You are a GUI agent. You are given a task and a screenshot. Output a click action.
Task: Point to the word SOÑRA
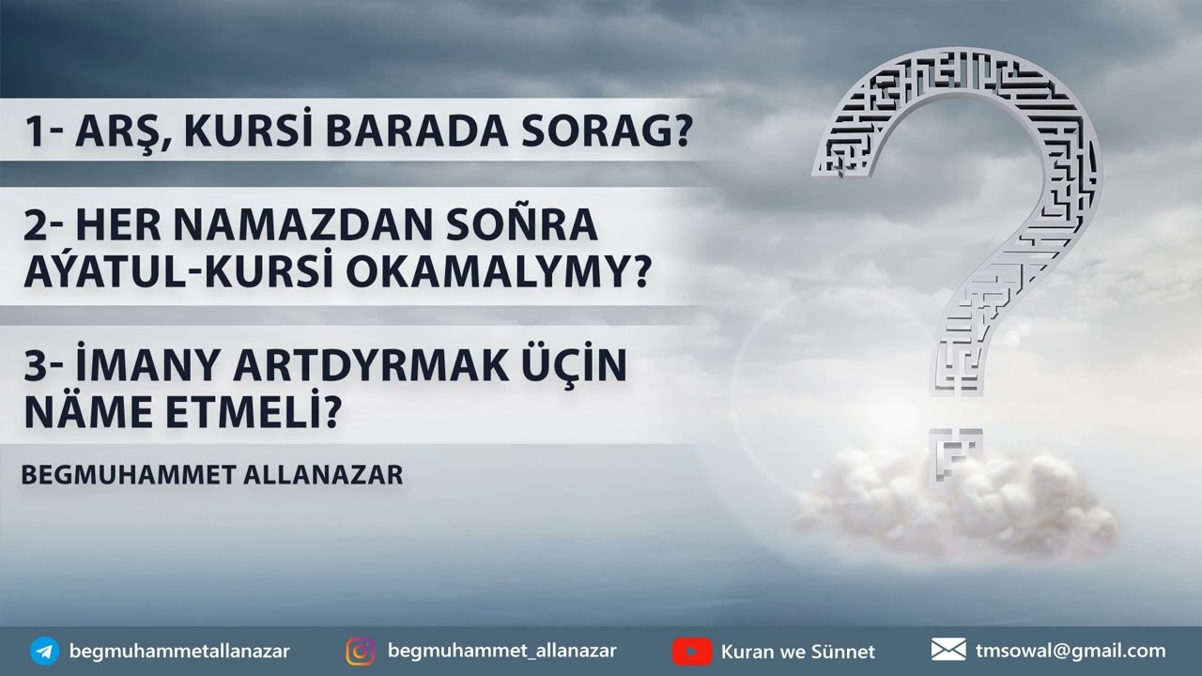528,225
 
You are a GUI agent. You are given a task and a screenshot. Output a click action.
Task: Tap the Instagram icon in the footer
361,651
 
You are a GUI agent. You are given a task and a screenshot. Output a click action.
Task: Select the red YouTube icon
692,651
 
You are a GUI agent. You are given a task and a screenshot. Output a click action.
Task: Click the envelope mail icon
948,650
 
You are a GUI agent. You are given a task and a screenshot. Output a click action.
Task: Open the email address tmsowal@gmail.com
1071,650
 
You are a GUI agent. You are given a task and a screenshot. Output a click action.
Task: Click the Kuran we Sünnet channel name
797,651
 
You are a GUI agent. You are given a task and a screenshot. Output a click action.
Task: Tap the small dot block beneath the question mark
956,454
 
